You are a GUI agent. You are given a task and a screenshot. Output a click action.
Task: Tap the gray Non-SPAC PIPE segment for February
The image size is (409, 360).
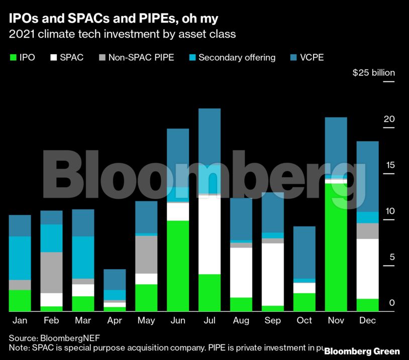click(51, 273)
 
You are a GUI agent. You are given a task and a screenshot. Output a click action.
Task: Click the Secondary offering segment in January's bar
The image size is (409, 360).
click(20, 258)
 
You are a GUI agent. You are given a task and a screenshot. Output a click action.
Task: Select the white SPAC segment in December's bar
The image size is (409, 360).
click(367, 269)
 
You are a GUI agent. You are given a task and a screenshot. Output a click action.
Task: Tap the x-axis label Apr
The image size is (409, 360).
click(115, 320)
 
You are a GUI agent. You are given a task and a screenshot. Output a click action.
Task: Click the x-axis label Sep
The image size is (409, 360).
click(273, 320)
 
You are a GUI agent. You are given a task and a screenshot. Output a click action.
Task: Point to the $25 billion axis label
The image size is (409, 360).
click(373, 73)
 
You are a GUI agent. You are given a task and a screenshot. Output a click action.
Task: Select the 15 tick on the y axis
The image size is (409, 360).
click(389, 166)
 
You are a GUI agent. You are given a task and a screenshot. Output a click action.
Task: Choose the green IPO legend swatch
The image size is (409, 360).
click(13, 57)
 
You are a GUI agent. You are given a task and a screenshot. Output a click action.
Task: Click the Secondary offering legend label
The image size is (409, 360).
click(237, 57)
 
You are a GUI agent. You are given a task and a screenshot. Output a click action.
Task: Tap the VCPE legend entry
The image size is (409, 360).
click(311, 57)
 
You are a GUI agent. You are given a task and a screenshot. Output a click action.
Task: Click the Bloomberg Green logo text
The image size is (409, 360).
click(362, 351)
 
